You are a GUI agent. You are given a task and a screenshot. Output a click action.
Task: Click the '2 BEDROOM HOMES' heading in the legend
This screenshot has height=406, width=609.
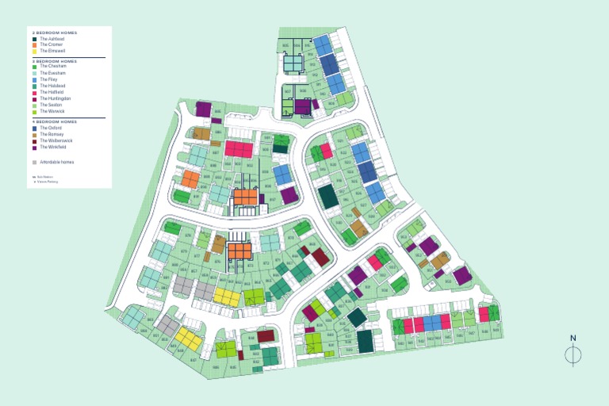click(55, 33)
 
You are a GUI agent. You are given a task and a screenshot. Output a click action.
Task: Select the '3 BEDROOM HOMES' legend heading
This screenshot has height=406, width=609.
click(55, 61)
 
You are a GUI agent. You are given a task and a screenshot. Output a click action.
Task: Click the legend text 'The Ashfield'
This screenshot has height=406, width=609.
click(52, 39)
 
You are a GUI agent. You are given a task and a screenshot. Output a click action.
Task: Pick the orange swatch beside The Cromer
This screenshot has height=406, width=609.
click(35, 44)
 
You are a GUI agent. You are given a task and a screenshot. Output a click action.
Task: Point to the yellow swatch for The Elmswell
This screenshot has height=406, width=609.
click(35, 50)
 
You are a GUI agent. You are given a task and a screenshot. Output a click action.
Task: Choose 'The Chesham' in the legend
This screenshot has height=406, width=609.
click(52, 67)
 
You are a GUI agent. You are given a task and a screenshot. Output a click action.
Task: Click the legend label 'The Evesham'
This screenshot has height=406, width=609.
click(52, 73)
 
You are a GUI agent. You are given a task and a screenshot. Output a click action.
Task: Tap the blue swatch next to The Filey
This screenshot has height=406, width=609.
click(35, 79)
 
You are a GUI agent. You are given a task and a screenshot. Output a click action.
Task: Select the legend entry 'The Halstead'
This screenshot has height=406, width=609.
click(52, 86)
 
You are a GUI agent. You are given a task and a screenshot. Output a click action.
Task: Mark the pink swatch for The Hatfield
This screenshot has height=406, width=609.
click(35, 92)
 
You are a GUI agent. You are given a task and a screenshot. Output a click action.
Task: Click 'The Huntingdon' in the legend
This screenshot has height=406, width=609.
click(55, 98)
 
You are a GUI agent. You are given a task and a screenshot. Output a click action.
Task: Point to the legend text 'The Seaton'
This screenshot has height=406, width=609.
click(51, 105)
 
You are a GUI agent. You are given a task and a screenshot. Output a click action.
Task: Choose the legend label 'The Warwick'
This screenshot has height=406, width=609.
click(52, 111)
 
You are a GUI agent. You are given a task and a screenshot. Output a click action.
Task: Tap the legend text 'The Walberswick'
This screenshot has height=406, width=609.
click(56, 141)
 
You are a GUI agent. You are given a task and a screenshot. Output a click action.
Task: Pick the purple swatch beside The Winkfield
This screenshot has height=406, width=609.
click(35, 147)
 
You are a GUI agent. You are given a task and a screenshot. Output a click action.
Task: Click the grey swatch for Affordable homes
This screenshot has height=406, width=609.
click(35, 162)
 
